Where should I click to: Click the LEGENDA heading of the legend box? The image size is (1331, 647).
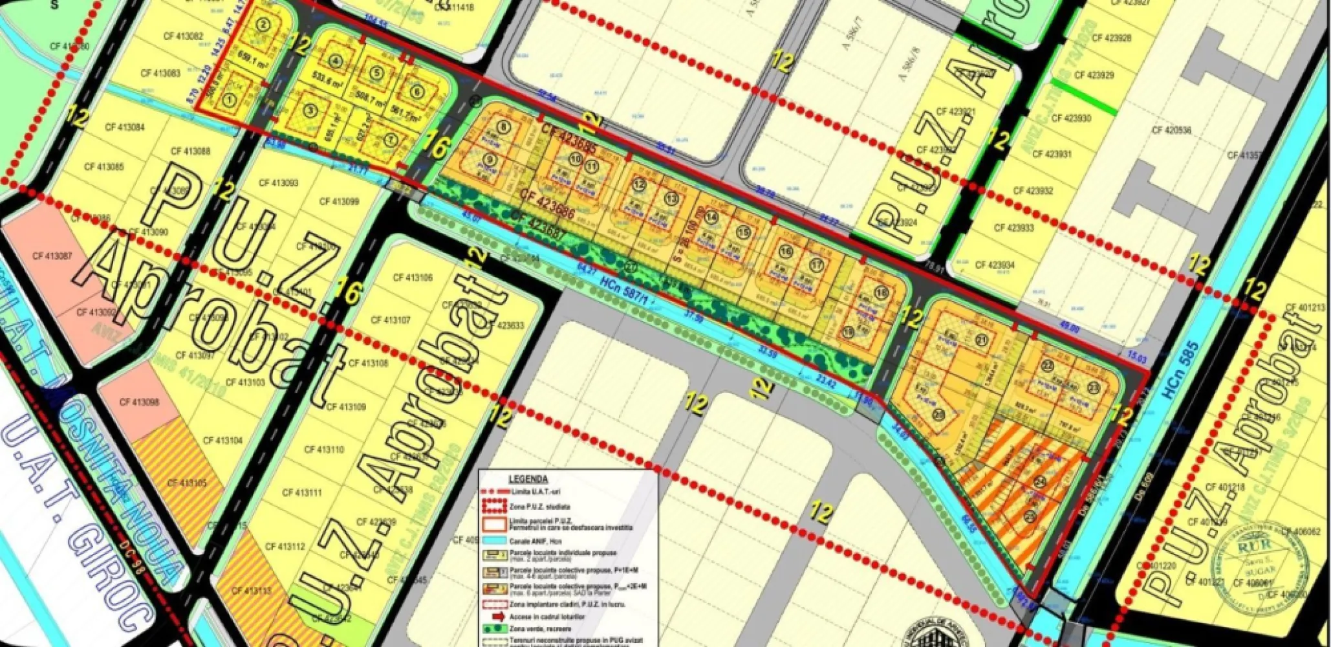[528, 479]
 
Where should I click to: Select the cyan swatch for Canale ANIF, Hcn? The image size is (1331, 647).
[494, 541]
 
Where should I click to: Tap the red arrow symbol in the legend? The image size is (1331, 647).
[497, 617]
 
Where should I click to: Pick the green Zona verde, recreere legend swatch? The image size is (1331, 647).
[494, 628]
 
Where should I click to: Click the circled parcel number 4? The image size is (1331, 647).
[335, 62]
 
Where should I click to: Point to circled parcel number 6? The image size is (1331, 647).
[417, 91]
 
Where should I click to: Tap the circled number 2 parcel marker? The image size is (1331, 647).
[262, 25]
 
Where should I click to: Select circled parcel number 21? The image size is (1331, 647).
[983, 340]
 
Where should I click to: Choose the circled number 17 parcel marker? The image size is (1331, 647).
[817, 265]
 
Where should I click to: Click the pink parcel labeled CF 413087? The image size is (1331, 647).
[52, 257]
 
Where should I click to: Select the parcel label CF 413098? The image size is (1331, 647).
[139, 402]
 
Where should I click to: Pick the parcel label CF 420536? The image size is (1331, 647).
[1171, 130]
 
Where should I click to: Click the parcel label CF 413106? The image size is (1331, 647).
[413, 278]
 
